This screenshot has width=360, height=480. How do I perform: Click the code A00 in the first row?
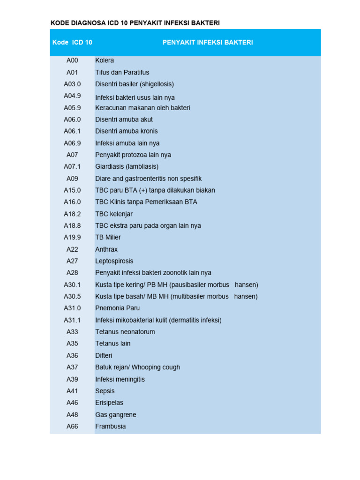point(72,60)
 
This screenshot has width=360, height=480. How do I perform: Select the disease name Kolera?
point(105,60)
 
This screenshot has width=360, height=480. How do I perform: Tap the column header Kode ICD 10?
point(72,43)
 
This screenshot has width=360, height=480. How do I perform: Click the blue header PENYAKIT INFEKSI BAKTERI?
point(208,43)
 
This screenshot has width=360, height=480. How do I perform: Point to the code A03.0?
point(72,84)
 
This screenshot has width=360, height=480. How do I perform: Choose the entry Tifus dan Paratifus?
point(122,72)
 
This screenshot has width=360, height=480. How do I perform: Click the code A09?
point(72,179)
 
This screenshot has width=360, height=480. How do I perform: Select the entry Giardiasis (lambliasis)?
point(127,166)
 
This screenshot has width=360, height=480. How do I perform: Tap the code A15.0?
point(72,190)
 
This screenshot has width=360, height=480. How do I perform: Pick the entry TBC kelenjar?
point(114,214)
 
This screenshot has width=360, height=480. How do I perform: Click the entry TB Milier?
point(108,237)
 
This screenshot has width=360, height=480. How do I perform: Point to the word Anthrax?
point(106,249)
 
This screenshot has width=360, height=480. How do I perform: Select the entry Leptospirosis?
point(114,261)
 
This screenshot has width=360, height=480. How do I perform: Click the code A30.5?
point(72,296)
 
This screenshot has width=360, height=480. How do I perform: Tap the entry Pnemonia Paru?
point(117,308)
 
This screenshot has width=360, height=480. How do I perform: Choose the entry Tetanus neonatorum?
point(125,332)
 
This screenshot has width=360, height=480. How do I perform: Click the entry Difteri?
point(104,355)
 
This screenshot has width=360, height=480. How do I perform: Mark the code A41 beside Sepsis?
point(72,391)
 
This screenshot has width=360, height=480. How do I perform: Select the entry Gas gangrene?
point(115,414)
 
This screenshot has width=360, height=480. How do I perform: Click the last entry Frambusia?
point(110,427)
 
